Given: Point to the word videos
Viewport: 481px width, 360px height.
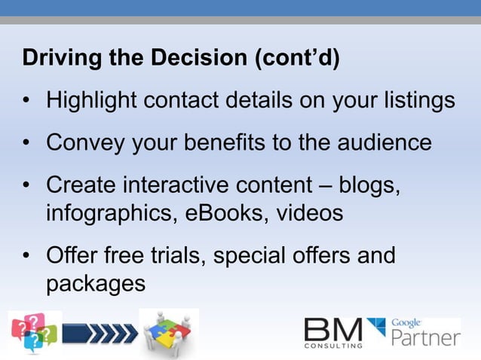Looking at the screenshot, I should [x=308, y=213].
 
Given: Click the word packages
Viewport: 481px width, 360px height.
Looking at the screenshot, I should [x=95, y=285].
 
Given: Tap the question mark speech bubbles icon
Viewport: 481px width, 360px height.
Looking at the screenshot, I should [x=35, y=332].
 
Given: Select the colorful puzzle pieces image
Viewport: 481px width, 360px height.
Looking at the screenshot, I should [x=169, y=332].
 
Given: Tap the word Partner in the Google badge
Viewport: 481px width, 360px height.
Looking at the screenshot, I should [x=426, y=337].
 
